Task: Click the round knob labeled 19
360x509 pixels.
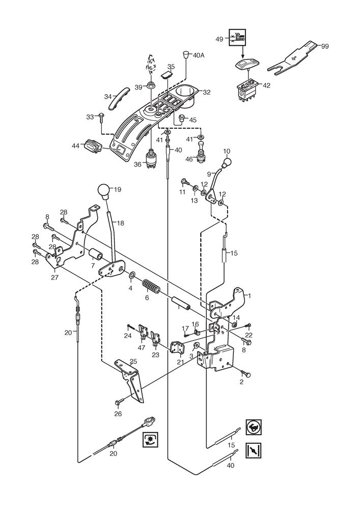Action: [x=104, y=192]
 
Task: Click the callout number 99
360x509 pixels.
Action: [x=325, y=46]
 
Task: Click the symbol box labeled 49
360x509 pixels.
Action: [x=238, y=38]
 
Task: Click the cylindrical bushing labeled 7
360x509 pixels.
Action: [x=96, y=254]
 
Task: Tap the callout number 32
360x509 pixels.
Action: [x=206, y=93]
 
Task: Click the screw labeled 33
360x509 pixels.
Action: [x=101, y=117]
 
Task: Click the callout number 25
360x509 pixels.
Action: [x=133, y=361]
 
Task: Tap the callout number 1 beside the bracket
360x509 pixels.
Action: [x=249, y=295]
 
